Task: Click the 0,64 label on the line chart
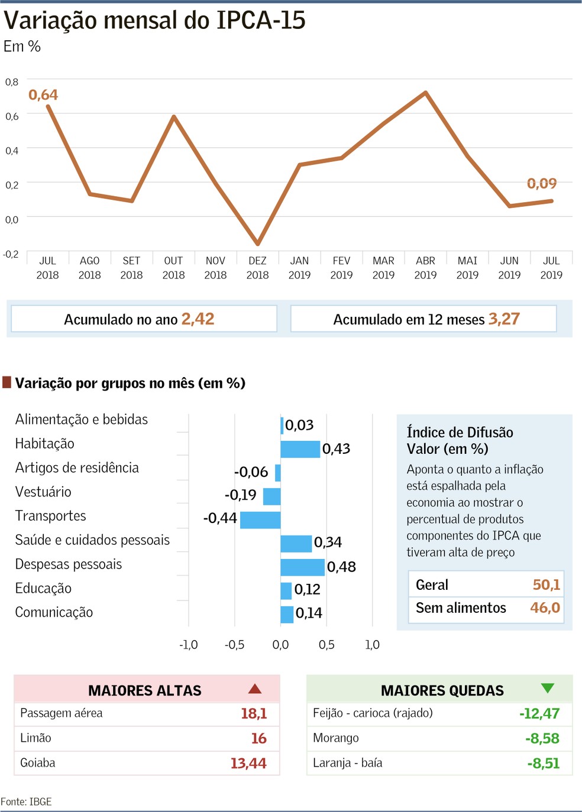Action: pyautogui.click(x=43, y=95)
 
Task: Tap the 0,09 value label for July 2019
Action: pyautogui.click(x=542, y=183)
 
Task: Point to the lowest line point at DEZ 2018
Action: pyautogui.click(x=257, y=243)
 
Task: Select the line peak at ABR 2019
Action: pyautogui.click(x=425, y=92)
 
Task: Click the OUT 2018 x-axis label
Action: pyautogui.click(x=173, y=268)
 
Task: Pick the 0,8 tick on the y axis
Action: pyautogui.click(x=12, y=82)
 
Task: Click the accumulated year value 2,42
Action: pyautogui.click(x=198, y=319)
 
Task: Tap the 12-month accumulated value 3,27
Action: pyautogui.click(x=504, y=319)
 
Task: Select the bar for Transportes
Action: pyautogui.click(x=260, y=519)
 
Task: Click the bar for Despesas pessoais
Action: pyautogui.click(x=302, y=567)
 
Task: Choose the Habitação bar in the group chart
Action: pyautogui.click(x=300, y=449)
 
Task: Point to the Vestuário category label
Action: pyautogui.click(x=43, y=492)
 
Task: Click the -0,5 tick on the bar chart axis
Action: pyautogui.click(x=234, y=645)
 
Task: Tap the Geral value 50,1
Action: pyautogui.click(x=546, y=584)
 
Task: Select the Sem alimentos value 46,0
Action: pyautogui.click(x=545, y=608)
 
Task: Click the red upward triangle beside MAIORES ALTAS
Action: pyautogui.click(x=255, y=688)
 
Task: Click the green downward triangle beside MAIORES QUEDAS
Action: pyautogui.click(x=548, y=688)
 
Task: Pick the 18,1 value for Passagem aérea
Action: pyautogui.click(x=254, y=713)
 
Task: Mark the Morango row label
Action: pyautogui.click(x=336, y=738)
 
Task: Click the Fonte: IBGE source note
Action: pyautogui.click(x=27, y=802)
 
